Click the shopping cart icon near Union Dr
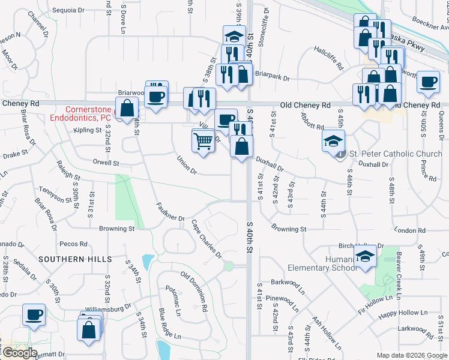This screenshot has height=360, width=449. coord(203,142)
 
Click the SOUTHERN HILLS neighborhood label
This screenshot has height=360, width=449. coord(76,259)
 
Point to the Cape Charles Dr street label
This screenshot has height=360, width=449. coord(206,239)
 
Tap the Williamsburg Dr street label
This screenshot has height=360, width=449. coord(108,308)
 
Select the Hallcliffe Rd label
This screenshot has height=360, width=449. coord(328,58)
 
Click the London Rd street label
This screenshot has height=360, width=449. coord(411,230)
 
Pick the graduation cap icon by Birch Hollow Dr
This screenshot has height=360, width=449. coord(364,257)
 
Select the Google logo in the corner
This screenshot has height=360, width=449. coord(19,353)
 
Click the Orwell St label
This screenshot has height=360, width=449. coord(107,163)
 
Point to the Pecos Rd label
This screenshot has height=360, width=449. coord(74,244)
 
